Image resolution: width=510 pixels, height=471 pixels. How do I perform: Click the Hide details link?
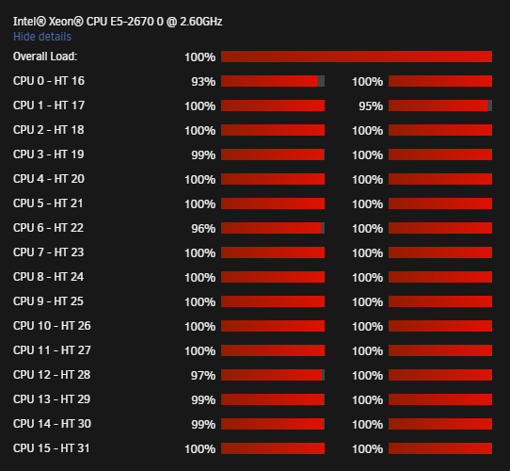tap(42, 37)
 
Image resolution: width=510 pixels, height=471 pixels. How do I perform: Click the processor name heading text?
tap(118, 22)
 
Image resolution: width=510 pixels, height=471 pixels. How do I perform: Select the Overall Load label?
tap(45, 57)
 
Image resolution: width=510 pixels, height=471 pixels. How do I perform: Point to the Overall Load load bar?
tap(357, 57)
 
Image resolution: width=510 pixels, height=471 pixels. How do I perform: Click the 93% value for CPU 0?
tap(203, 81)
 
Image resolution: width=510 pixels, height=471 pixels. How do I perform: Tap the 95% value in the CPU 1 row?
tap(371, 106)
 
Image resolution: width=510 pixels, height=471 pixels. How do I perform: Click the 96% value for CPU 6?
tap(203, 228)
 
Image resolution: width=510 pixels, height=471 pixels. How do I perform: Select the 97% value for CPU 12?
tap(203, 375)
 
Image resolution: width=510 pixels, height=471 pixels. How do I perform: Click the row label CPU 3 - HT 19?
tap(49, 154)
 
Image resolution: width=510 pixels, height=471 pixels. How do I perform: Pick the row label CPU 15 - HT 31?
tap(52, 448)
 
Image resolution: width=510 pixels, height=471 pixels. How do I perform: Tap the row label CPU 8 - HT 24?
tap(49, 277)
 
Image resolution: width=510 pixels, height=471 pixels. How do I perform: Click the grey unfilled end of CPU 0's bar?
tap(321, 81)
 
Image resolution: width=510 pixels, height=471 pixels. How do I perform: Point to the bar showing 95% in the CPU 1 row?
tap(440, 106)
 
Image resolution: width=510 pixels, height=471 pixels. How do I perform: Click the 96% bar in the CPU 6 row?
tap(273, 228)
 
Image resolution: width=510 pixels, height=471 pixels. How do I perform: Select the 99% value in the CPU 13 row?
tap(203, 399)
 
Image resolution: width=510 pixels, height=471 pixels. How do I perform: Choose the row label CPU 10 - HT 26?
tap(52, 326)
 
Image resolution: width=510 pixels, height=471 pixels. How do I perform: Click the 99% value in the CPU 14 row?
tap(203, 425)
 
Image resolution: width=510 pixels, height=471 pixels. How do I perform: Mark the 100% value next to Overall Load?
tap(200, 57)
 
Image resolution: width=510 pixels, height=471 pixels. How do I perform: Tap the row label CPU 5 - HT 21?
tap(48, 203)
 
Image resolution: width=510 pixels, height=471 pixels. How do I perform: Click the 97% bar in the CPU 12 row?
tap(273, 375)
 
